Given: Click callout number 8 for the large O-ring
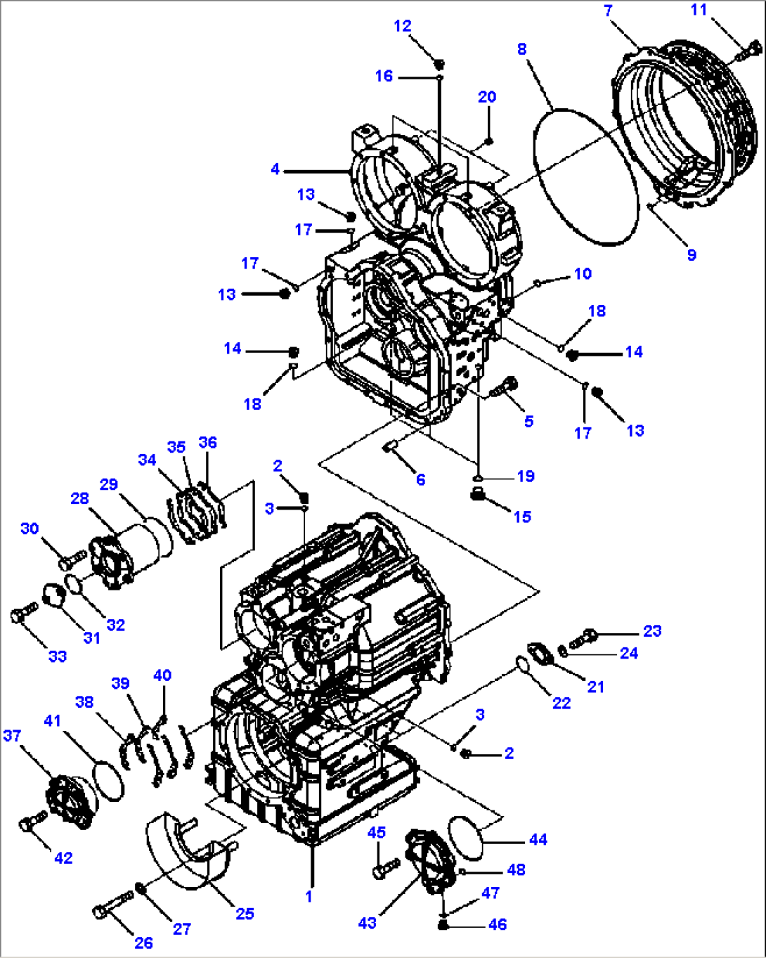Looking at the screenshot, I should [x=521, y=49].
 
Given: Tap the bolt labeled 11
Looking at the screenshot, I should [x=747, y=51].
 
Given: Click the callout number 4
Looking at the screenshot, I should [x=275, y=169].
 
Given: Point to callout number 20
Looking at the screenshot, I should [x=487, y=97].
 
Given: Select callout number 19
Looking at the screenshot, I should [x=526, y=477].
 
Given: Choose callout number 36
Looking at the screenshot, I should [x=207, y=443].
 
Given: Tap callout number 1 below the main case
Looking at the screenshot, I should [x=309, y=897].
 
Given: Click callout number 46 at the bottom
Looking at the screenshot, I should [x=498, y=925].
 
